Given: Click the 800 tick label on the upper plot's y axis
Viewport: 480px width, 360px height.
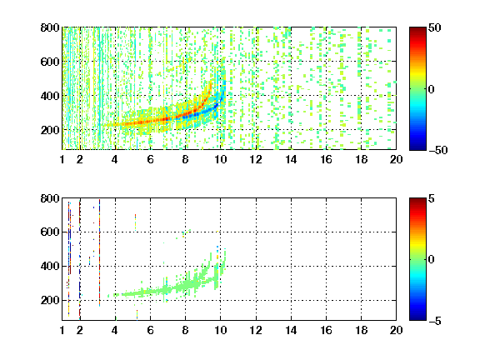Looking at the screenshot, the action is click(x=50, y=27).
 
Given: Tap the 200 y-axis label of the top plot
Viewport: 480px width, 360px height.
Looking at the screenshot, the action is click(x=50, y=130).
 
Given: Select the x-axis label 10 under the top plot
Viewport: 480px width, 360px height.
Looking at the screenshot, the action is click(x=220, y=159).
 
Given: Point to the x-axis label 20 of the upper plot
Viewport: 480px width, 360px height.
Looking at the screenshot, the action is click(x=396, y=159).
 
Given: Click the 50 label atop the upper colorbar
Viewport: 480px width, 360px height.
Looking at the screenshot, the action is click(x=435, y=27).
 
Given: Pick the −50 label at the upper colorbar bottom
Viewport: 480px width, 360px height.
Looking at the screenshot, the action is click(x=438, y=150).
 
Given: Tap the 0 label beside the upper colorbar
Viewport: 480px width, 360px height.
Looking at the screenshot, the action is click(x=432, y=89).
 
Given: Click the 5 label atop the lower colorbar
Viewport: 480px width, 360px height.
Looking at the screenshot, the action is click(x=432, y=198).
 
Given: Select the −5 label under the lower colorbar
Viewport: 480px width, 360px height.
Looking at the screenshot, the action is click(x=435, y=321).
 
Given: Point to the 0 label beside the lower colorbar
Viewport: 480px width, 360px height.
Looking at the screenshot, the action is click(x=432, y=260).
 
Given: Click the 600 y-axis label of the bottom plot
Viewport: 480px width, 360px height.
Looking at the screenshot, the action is click(x=50, y=232).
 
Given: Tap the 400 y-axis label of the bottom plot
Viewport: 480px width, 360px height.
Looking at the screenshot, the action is click(x=50, y=266).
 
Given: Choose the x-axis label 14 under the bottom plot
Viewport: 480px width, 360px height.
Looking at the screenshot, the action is click(x=291, y=330).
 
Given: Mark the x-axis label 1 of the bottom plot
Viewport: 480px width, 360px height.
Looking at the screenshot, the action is click(x=62, y=330).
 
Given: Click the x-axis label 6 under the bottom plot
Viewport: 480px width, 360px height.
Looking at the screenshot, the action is click(x=150, y=330).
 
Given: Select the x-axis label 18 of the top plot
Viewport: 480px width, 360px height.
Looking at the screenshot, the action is click(x=361, y=159).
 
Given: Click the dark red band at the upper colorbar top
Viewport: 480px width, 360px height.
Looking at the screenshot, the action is click(x=417, y=30).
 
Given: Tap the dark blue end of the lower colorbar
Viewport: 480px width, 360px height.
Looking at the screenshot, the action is click(x=417, y=317).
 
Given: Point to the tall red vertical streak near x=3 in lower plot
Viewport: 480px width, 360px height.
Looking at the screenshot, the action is click(x=99, y=252).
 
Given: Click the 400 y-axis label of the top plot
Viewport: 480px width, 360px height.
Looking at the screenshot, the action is click(x=50, y=96).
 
